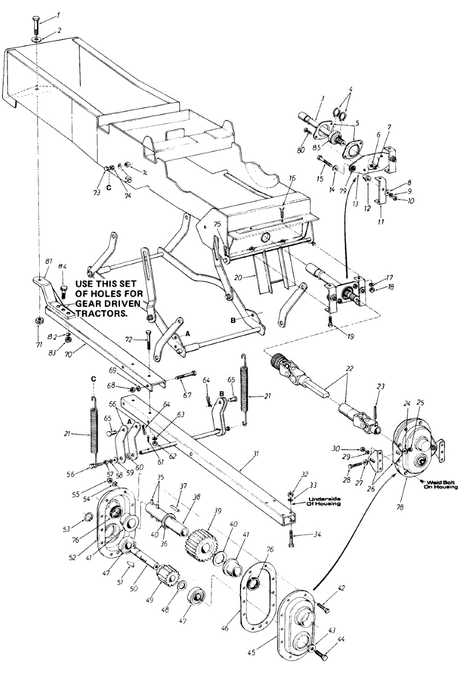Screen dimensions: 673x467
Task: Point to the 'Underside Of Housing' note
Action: click(322, 500)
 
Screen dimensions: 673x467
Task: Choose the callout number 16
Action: click(292, 178)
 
